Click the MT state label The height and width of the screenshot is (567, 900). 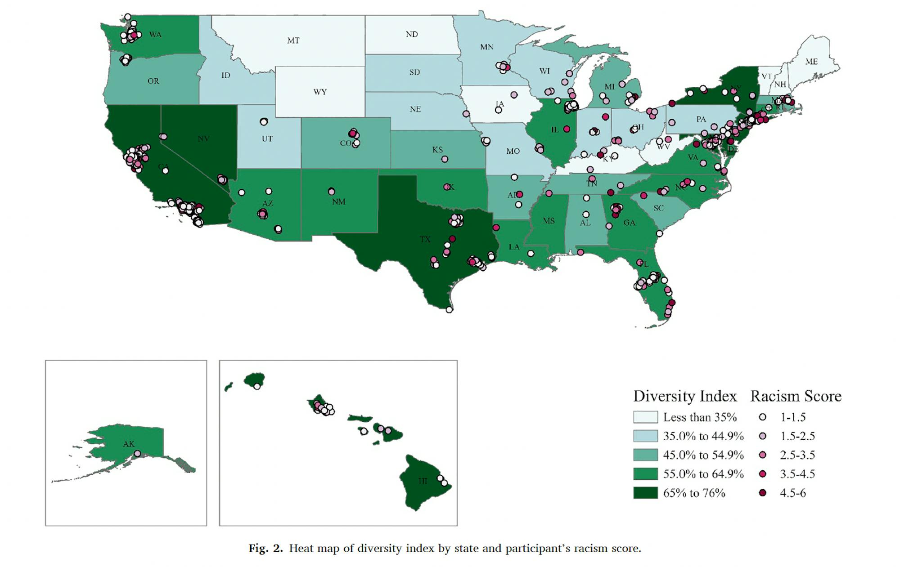293,40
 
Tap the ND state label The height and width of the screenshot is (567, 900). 412,34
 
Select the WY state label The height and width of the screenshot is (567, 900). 320,92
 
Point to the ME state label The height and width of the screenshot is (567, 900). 811,61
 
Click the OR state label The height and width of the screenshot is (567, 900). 153,81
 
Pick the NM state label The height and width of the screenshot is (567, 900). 338,201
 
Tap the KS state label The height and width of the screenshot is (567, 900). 437,149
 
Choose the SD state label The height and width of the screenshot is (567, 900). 414,72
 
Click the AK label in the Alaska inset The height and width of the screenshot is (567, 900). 129,444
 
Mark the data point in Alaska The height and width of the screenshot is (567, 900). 137,453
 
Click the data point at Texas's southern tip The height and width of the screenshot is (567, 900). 449,309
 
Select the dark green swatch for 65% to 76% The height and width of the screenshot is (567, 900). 645,493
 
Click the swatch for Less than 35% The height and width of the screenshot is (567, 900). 645,417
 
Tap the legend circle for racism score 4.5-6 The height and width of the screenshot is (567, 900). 762,493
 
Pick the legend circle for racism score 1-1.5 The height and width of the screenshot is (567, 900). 762,417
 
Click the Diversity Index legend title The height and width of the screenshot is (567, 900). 685,396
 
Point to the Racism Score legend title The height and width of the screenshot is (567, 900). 796,396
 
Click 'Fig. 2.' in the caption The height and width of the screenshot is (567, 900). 265,548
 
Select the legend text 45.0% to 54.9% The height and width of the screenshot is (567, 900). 703,455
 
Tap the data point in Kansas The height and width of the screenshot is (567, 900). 445,159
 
